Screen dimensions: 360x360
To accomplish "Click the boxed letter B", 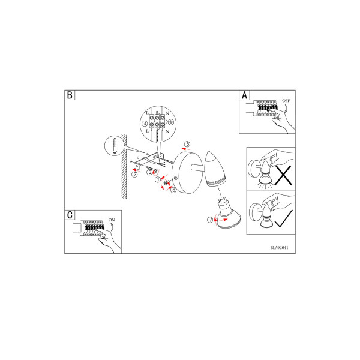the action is point(70,95).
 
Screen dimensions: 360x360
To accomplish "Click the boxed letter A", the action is point(244,95).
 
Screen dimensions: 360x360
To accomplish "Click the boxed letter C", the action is point(70,215).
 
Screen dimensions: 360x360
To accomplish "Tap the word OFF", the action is point(286,101).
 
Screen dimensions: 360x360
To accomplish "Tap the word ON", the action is point(112,220).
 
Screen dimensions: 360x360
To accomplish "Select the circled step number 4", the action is point(145,124).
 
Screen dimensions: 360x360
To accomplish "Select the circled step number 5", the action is point(188,144).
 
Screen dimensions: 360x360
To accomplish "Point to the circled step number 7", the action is point(211,220).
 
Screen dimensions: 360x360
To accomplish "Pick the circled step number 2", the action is point(135,174).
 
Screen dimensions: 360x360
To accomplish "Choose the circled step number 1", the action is point(158,180).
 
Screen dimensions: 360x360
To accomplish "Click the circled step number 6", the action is point(174,190).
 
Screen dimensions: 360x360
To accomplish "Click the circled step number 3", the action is point(149,172).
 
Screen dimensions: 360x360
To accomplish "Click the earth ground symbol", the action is point(171,122).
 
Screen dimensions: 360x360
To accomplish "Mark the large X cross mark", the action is point(283,175).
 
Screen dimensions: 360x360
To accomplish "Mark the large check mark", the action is point(284,218).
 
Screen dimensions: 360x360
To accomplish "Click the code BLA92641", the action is point(280,247).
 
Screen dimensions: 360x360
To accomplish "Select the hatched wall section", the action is point(124,166).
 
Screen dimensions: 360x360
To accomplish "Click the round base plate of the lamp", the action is point(187,173).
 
